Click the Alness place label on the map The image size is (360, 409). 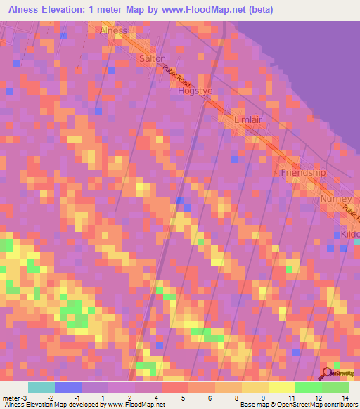(114, 30)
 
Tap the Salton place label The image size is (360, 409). (153, 58)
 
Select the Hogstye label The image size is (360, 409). (195, 91)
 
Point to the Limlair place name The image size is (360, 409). (251, 120)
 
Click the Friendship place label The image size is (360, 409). (304, 172)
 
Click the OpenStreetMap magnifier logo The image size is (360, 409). (328, 373)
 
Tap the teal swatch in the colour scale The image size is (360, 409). (41, 387)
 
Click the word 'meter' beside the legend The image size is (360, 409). (11, 397)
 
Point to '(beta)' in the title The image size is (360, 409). (257, 9)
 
